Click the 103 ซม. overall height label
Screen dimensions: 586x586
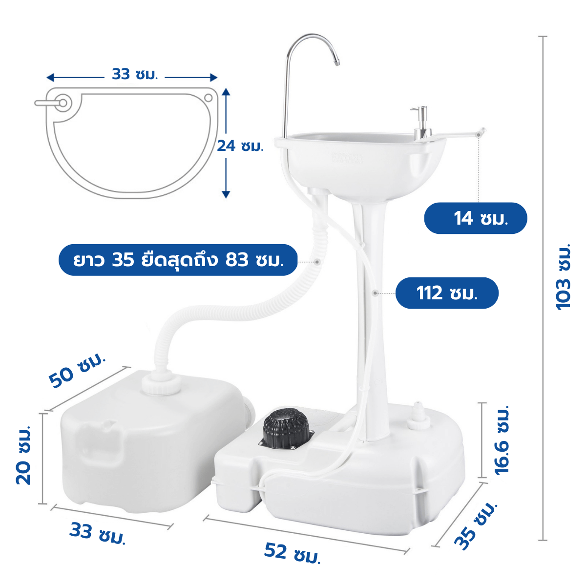click(563, 277)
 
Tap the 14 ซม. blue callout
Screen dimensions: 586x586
click(476, 218)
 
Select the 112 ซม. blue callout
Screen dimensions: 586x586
click(447, 293)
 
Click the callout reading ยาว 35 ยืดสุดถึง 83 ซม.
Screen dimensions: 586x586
click(178, 260)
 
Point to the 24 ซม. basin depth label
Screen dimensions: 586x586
click(240, 146)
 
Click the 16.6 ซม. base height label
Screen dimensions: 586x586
click(502, 440)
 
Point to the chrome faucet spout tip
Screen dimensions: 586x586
click(336, 63)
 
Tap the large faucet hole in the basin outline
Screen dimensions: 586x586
click(63, 103)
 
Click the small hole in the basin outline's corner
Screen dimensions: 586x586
click(209, 98)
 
